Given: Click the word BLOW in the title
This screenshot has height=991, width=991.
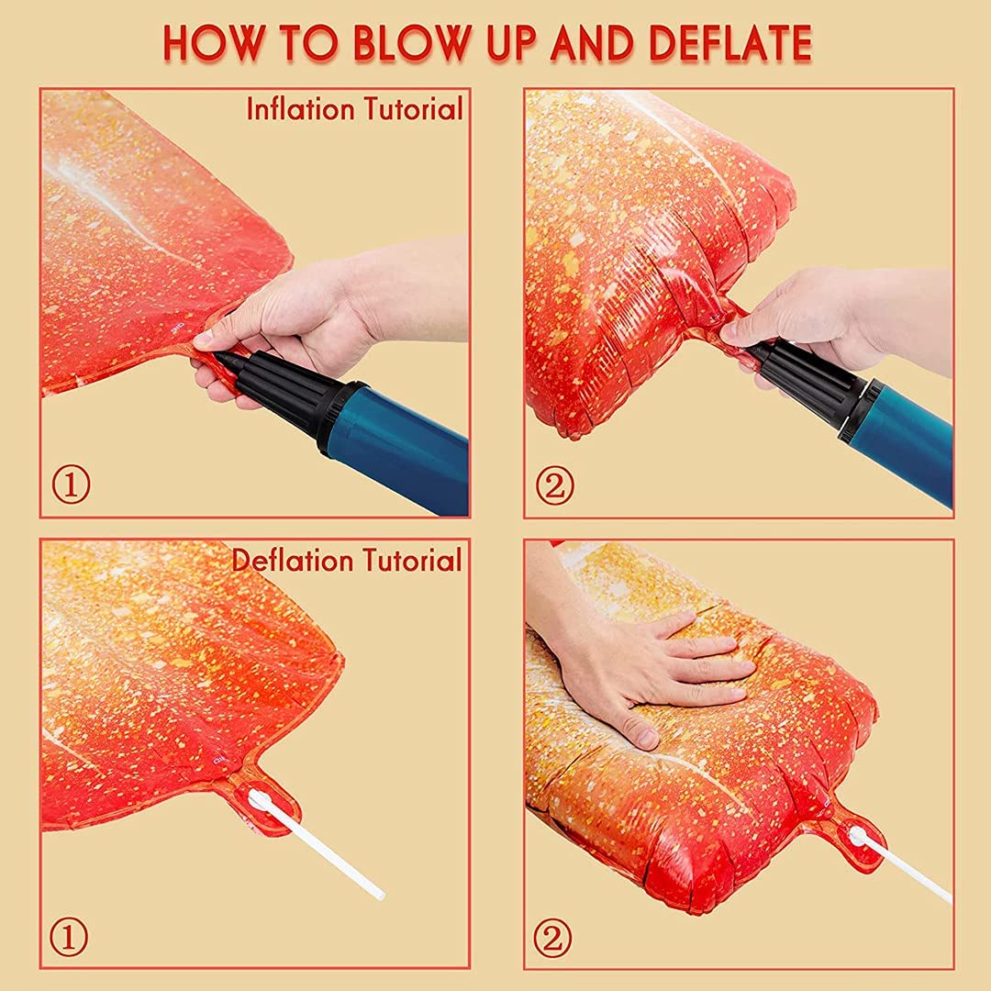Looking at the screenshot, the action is tap(413, 43).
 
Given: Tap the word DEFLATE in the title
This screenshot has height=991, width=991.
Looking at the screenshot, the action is tap(730, 43).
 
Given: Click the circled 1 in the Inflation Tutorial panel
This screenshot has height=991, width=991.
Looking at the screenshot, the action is tap(71, 485).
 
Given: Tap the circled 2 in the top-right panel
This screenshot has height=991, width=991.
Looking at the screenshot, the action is tap(555, 485).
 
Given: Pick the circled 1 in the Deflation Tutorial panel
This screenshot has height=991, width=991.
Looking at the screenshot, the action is tap(69, 937).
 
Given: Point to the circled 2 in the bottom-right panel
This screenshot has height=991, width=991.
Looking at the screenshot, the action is tap(552, 938).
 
